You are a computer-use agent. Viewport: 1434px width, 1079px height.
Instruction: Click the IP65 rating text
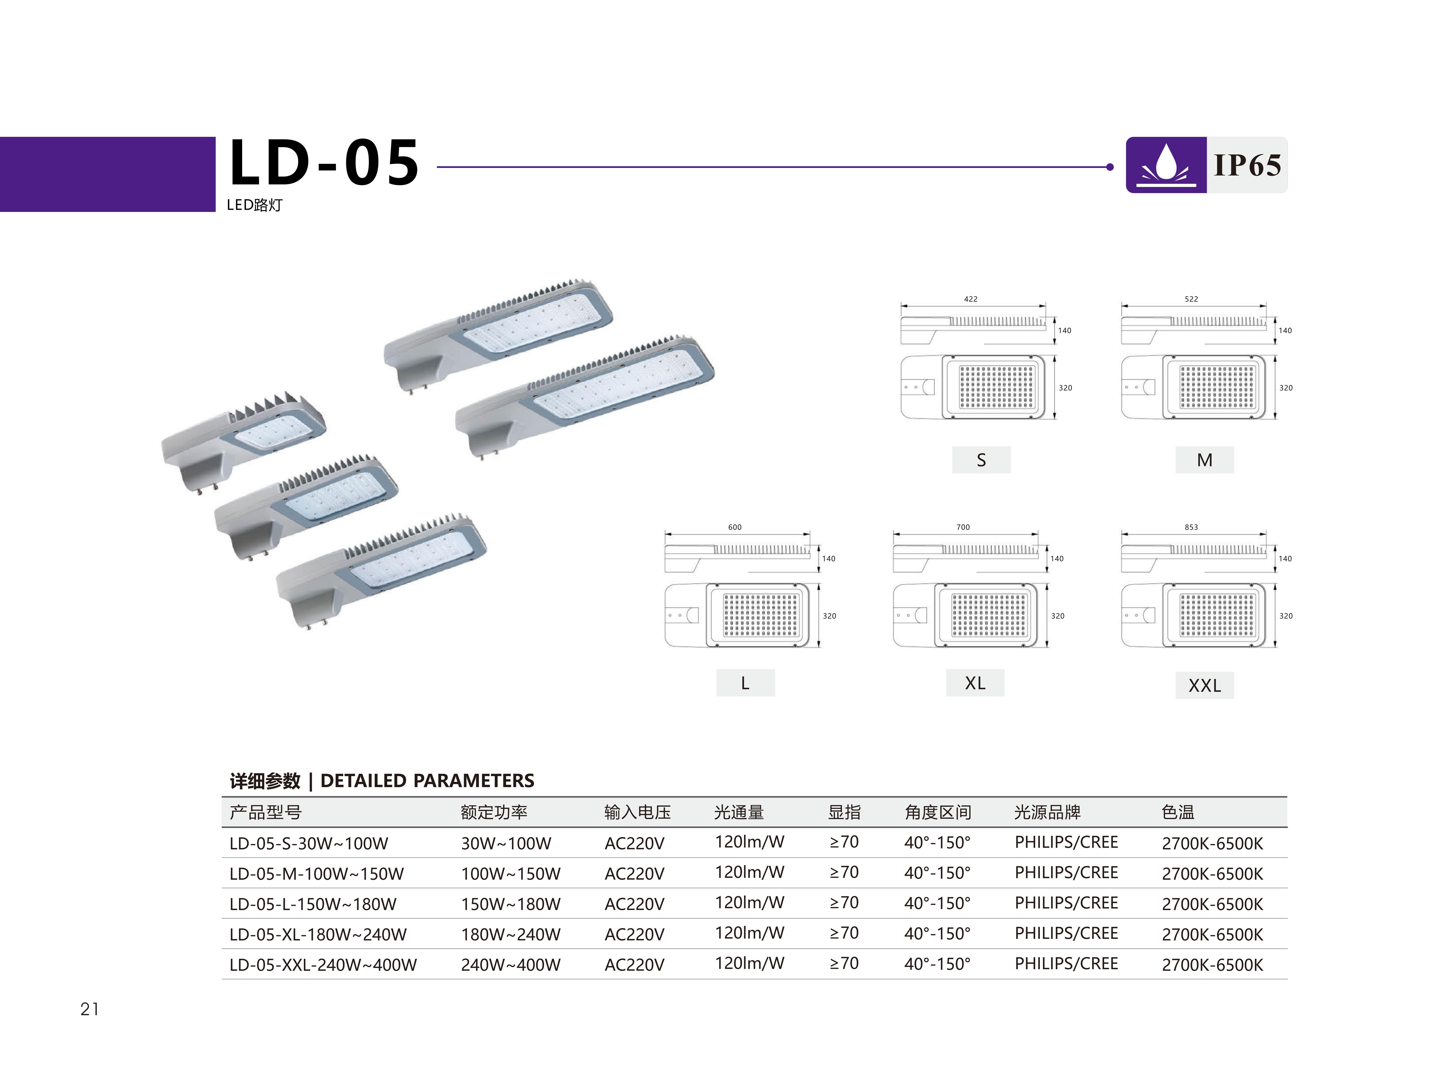[1247, 165]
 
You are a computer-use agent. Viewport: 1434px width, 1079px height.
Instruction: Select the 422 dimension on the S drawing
[970, 299]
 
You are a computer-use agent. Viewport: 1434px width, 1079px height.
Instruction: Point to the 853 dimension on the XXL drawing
[1191, 527]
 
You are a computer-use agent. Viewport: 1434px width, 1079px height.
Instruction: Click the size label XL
[975, 683]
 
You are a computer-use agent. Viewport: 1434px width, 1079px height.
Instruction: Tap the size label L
[745, 683]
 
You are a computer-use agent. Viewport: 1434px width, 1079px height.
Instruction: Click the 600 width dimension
[734, 527]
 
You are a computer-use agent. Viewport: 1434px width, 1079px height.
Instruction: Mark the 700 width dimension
[963, 527]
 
